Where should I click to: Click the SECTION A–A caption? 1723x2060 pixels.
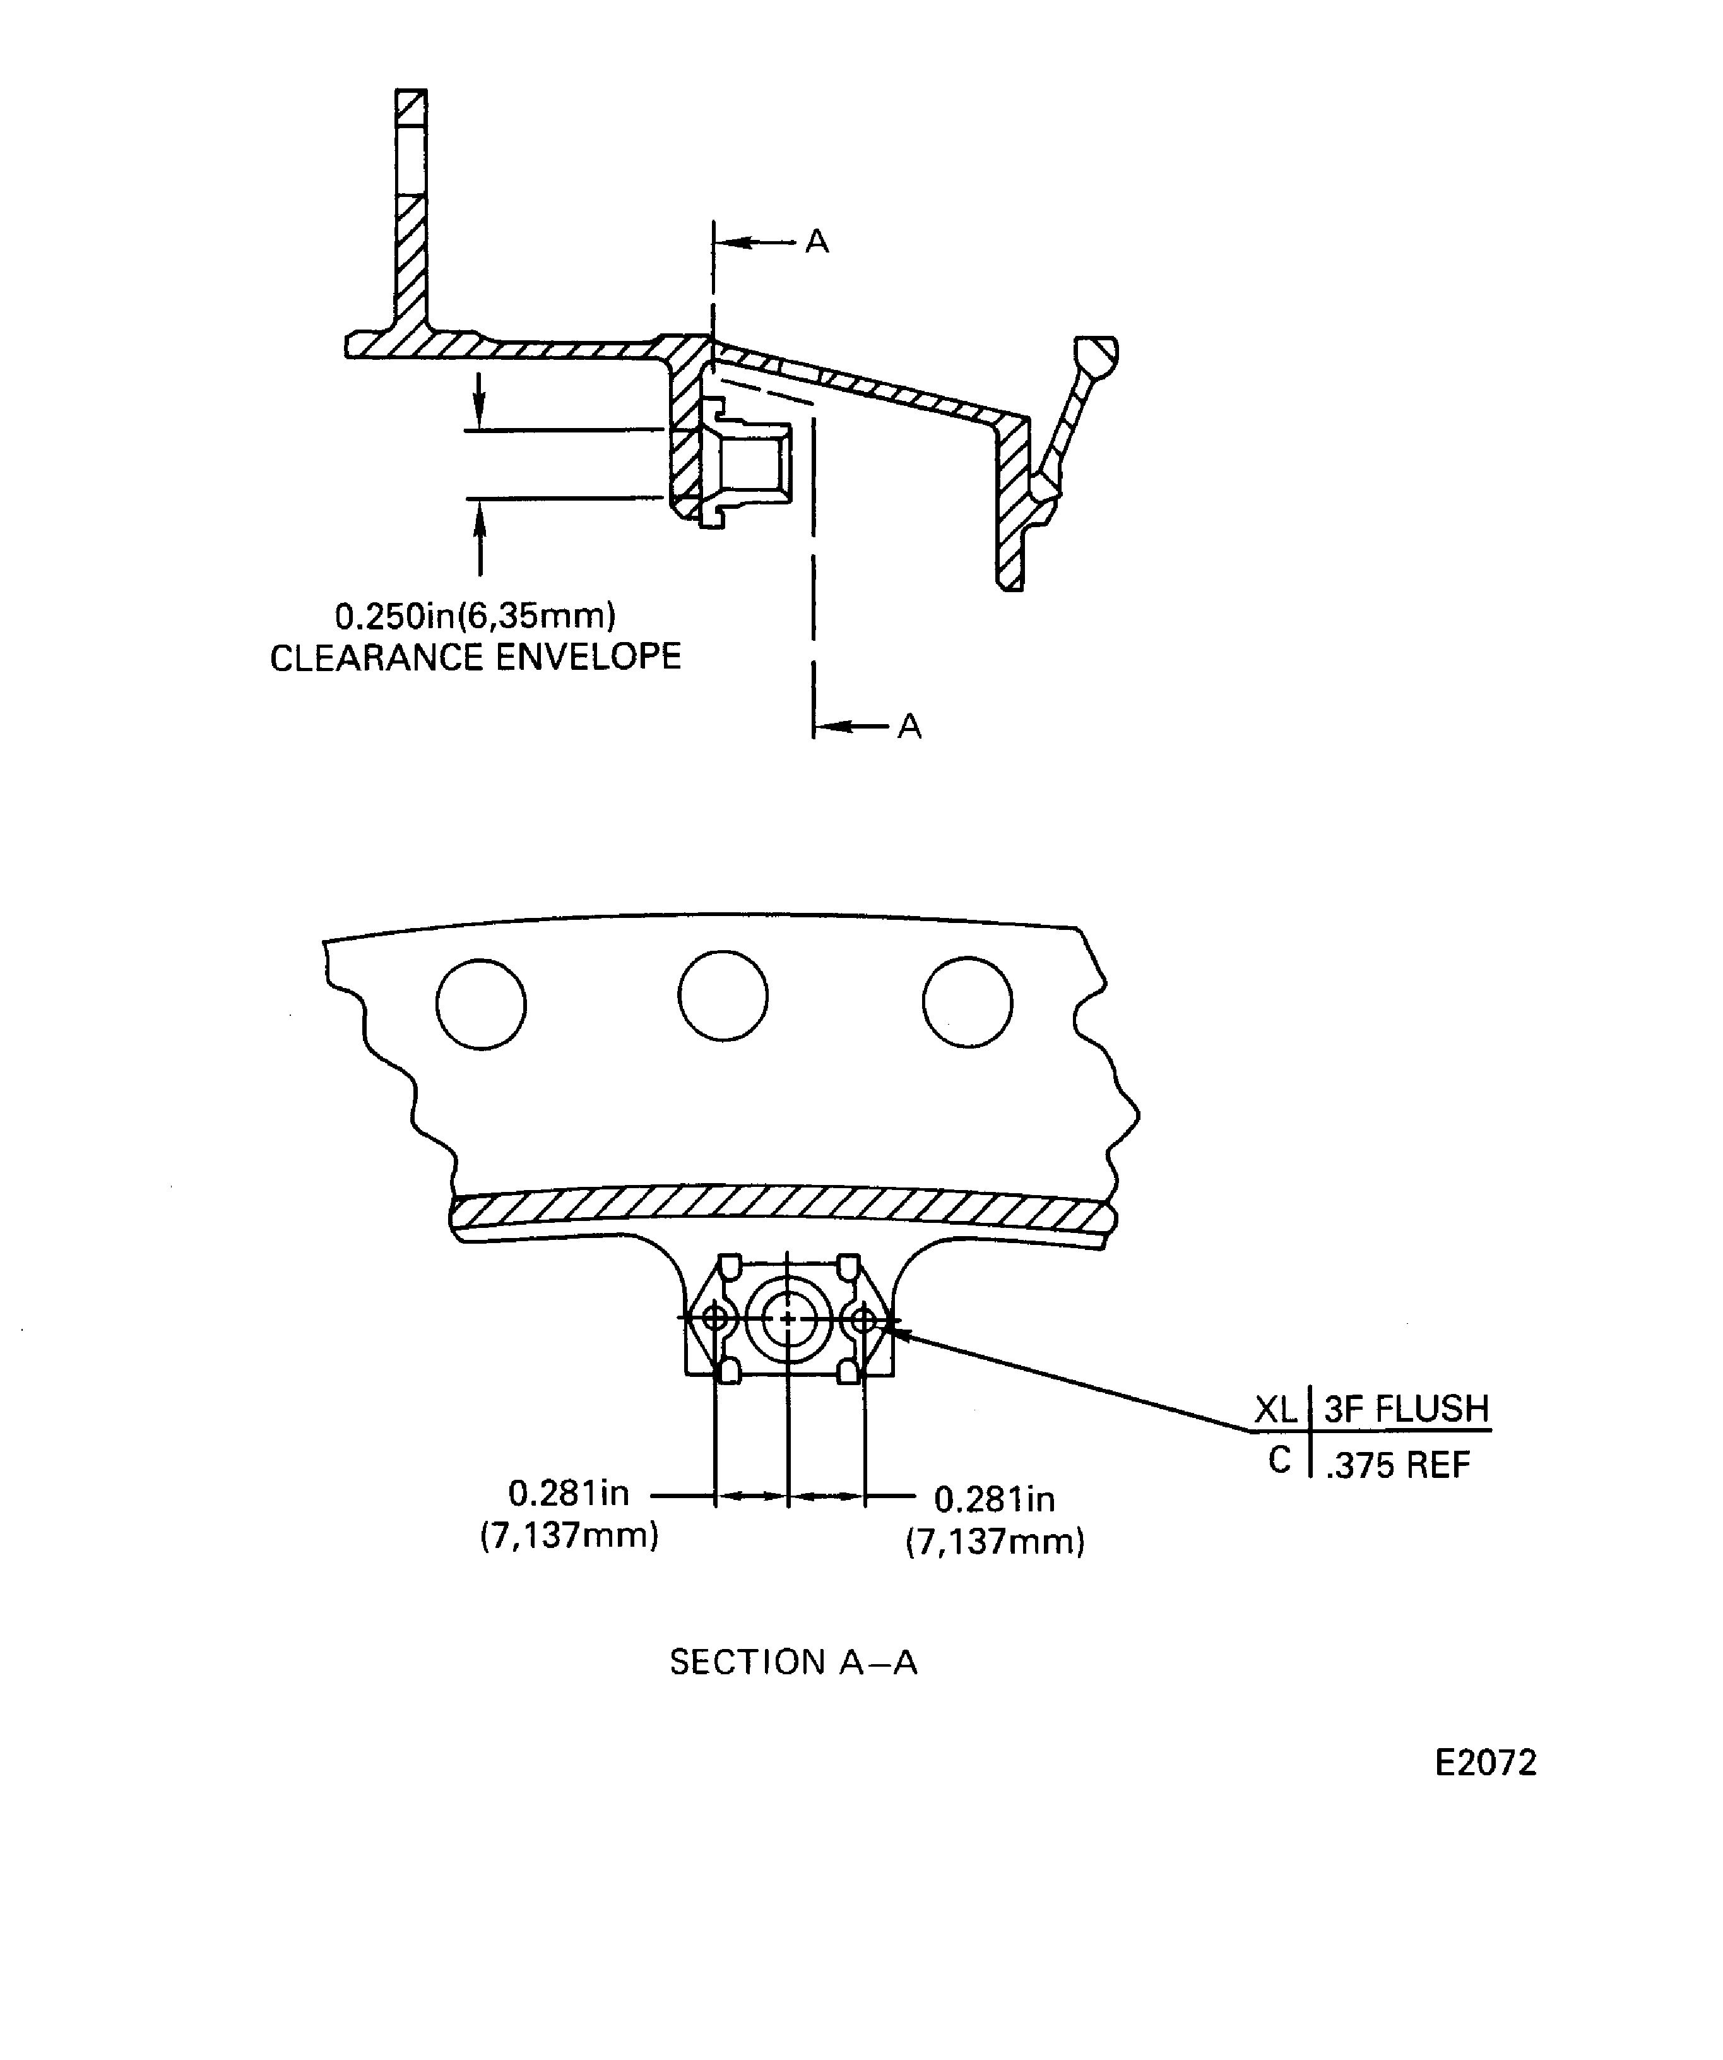point(793,1662)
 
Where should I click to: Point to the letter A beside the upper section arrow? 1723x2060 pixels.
point(817,241)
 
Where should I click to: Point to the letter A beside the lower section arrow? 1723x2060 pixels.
point(909,726)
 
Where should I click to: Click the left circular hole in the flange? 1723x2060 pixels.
point(480,1004)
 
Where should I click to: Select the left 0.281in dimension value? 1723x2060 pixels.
point(569,1493)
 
